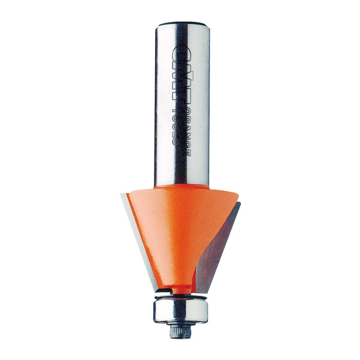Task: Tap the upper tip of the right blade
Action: (x=239, y=203)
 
